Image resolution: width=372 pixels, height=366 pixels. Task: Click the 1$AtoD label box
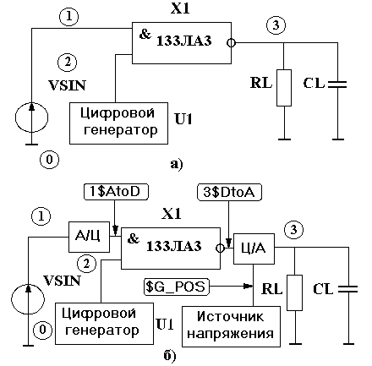point(116,192)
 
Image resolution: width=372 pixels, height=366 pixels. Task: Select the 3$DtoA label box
point(229,193)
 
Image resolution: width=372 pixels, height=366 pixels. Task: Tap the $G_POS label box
point(177,287)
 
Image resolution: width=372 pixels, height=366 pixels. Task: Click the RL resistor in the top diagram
point(284,88)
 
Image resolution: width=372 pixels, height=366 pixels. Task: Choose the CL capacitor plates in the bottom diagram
point(348,289)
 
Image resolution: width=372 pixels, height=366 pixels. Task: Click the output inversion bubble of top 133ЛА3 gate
point(231,43)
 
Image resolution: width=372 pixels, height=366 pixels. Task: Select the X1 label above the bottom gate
point(172,214)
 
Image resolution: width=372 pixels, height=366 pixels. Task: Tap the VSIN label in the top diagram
point(67,85)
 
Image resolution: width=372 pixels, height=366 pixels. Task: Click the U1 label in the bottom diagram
point(165,325)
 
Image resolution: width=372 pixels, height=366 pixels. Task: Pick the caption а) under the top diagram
point(177,164)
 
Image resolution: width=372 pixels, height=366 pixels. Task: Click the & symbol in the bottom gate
point(134,238)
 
